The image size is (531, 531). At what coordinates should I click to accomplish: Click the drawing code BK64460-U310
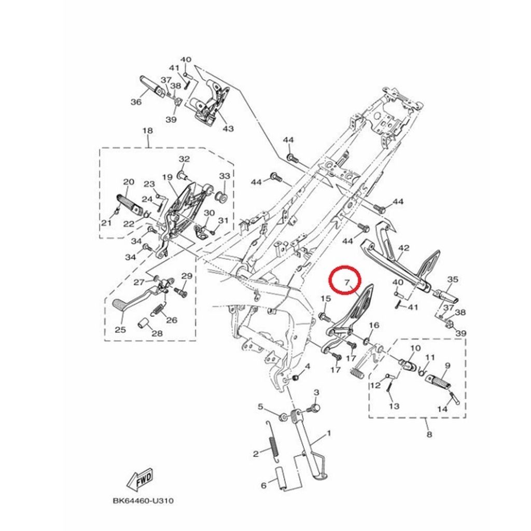click(x=143, y=501)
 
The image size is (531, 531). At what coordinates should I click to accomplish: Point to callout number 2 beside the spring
click(x=256, y=454)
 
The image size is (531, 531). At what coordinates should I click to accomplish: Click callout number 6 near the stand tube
click(x=263, y=486)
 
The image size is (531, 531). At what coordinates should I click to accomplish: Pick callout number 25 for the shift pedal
click(x=120, y=330)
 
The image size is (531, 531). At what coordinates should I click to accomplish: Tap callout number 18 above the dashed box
click(x=147, y=131)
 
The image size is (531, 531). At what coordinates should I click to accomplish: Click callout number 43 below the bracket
click(x=228, y=129)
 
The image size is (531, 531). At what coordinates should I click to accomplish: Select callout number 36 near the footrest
click(x=136, y=102)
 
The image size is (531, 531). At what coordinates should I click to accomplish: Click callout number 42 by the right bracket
click(x=403, y=249)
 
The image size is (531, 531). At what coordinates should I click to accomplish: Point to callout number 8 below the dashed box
click(x=429, y=435)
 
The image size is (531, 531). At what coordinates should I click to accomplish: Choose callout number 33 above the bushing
click(x=224, y=176)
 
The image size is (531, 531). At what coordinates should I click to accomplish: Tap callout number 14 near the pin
click(x=442, y=409)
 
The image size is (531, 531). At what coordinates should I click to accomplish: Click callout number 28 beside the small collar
click(x=157, y=333)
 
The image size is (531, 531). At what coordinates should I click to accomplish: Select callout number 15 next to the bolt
click(x=325, y=299)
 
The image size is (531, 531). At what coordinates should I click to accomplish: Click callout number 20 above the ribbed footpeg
click(x=128, y=182)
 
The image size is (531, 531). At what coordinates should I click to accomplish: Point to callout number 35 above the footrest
click(x=452, y=280)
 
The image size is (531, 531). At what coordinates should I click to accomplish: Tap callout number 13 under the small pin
click(x=394, y=406)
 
